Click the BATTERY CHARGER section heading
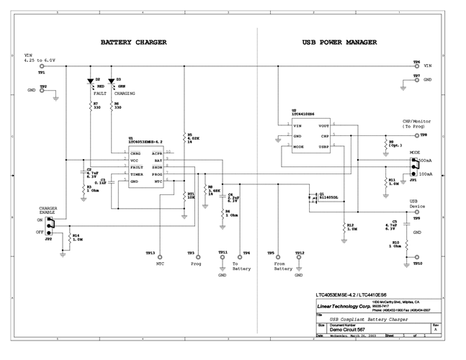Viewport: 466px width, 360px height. pyautogui.click(x=133, y=42)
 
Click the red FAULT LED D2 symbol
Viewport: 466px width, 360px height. pyautogui.click(x=91, y=81)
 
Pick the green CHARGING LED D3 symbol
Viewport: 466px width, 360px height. pyautogui.click(x=112, y=81)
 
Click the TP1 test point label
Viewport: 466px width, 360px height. pyautogui.click(x=42, y=73)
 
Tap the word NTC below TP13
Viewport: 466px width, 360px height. pyautogui.click(x=161, y=264)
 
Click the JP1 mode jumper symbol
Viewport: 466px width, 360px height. pyautogui.click(x=413, y=166)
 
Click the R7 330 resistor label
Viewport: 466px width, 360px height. pyautogui.click(x=97, y=105)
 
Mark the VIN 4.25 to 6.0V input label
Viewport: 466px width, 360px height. pyautogui.click(x=40, y=58)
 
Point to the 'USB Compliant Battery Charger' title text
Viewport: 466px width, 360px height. pyautogui.click(x=365, y=318)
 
